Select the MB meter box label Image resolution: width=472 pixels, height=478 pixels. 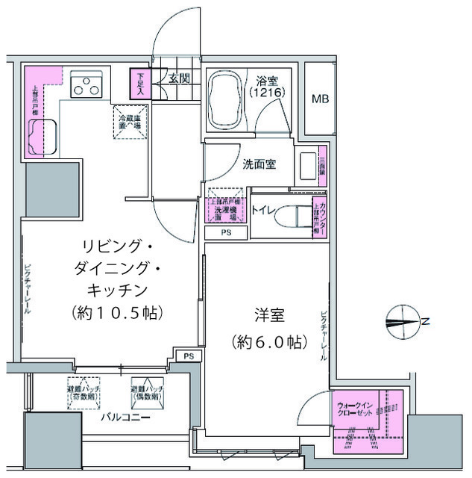[320, 99]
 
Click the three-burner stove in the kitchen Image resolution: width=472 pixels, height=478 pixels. [86, 87]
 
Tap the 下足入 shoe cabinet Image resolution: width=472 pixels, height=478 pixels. [140, 83]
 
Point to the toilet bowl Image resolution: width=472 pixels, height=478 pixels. [288, 217]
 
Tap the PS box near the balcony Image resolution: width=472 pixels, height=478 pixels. [189, 356]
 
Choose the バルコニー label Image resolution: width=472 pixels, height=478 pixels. [126, 418]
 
